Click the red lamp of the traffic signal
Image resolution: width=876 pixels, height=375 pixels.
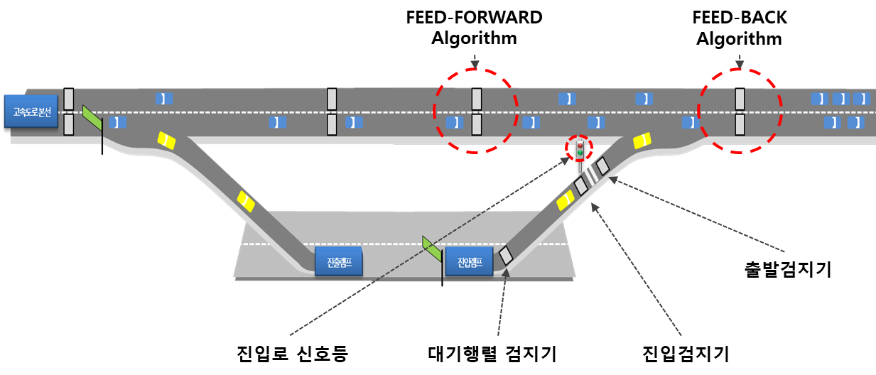pyautogui.click(x=580, y=145)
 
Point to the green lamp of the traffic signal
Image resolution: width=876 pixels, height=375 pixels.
pyautogui.click(x=580, y=153)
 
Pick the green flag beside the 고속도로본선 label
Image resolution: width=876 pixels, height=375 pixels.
pyautogui.click(x=92, y=116)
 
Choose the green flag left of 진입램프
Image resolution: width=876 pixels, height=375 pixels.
pyautogui.click(x=431, y=247)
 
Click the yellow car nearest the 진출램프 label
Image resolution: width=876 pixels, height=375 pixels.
pyautogui.click(x=245, y=202)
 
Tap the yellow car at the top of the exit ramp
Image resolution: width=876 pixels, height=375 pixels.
pyautogui.click(x=166, y=141)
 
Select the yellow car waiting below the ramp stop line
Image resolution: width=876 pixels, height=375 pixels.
pyautogui.click(x=566, y=201)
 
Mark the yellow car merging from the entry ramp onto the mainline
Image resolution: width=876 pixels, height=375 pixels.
pyautogui.click(x=642, y=141)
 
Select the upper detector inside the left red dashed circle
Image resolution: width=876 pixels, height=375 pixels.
pyautogui.click(x=477, y=99)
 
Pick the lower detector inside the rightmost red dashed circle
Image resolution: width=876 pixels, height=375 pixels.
pyautogui.click(x=740, y=124)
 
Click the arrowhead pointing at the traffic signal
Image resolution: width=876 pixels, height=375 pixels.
pyautogui.click(x=566, y=160)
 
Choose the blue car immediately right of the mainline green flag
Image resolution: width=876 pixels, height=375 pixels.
pyautogui.click(x=118, y=122)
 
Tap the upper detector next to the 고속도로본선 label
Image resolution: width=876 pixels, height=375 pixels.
pyautogui.click(x=69, y=99)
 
